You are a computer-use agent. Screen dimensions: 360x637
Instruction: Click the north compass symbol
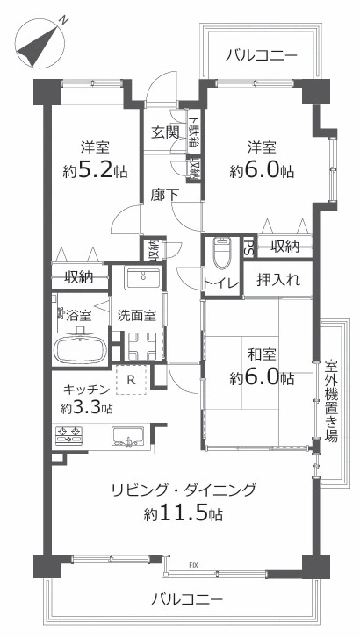click(40, 43)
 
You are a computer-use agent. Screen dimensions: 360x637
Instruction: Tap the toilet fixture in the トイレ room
click(222, 253)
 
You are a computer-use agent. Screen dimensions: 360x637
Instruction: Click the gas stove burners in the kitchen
click(68, 435)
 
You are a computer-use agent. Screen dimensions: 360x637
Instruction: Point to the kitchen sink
click(128, 437)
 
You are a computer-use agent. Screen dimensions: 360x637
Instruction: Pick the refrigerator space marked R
click(131, 380)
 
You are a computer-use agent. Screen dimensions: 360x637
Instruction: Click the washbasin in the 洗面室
click(142, 278)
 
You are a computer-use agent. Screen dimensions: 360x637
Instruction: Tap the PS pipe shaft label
click(248, 247)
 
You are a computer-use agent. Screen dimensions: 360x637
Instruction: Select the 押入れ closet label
click(278, 280)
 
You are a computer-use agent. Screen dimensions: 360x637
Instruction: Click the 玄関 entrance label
click(165, 132)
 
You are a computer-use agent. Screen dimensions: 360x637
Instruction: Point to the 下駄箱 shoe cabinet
click(194, 131)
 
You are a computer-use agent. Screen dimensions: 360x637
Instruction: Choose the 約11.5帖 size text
click(183, 514)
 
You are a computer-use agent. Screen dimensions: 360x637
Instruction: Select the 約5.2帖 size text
click(95, 171)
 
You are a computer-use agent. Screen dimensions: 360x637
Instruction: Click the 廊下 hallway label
click(164, 196)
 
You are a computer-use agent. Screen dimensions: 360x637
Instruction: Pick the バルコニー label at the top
click(262, 55)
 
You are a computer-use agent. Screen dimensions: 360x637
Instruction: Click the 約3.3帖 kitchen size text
click(87, 407)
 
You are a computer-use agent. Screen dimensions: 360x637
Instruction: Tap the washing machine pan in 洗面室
click(140, 346)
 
